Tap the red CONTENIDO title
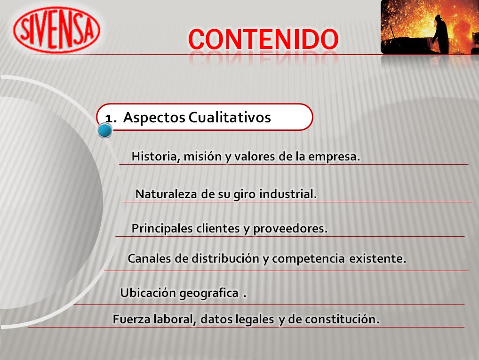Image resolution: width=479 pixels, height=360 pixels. tap(263, 40)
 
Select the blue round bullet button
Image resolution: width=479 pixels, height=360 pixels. tap(105, 130)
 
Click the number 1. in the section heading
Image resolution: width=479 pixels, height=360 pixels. tap(111, 118)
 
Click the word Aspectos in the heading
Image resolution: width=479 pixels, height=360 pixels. tap(154, 118)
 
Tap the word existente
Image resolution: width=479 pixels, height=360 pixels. tap(377, 259)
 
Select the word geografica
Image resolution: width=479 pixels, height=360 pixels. tap(209, 293)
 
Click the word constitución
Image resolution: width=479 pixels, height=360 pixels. tap(342, 319)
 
